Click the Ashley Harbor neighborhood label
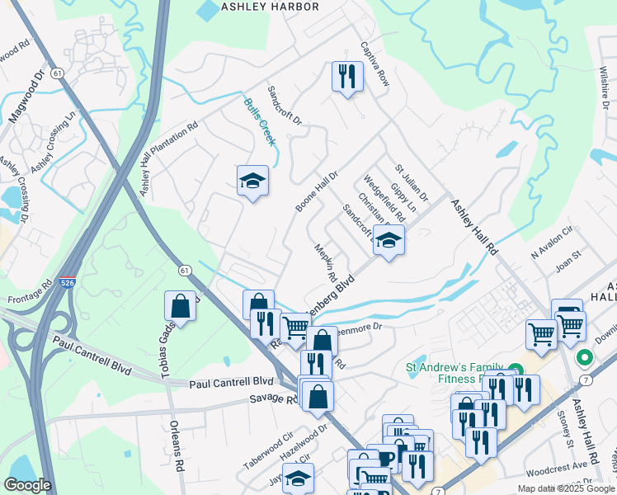[x=270, y=7]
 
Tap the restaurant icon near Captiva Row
[x=347, y=77]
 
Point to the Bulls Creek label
[x=258, y=121]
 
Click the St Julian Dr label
[x=411, y=182]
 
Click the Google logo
[x=27, y=485]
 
